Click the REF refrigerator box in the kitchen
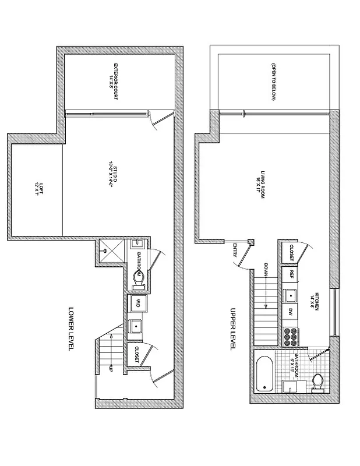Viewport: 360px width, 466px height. click(x=290, y=274)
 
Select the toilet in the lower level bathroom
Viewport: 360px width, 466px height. click(x=138, y=279)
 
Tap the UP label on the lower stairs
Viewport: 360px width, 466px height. click(x=111, y=369)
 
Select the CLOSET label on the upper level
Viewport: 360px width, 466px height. click(x=290, y=252)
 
